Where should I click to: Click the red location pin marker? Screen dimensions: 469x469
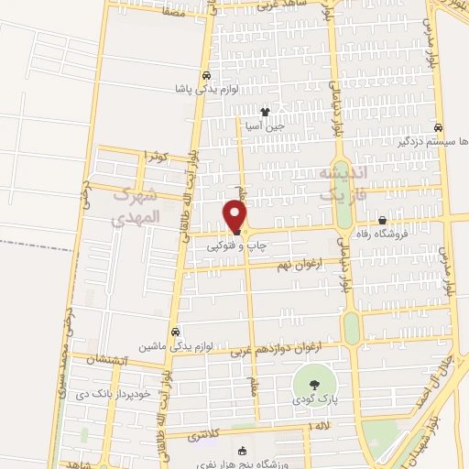click(x=235, y=217)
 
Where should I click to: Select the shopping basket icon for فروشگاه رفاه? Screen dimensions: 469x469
click(x=382, y=220)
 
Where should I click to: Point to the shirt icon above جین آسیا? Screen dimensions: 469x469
click(x=266, y=113)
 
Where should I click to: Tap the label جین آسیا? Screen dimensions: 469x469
click(x=265, y=125)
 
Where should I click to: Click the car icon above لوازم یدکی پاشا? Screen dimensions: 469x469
click(x=206, y=76)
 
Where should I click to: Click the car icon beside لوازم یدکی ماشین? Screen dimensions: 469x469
click(x=175, y=333)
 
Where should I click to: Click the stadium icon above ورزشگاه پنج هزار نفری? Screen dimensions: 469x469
click(x=242, y=451)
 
